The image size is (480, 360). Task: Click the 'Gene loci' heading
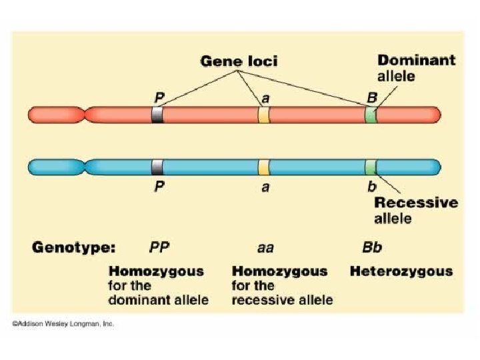click(x=239, y=61)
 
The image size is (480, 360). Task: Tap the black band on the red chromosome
click(x=157, y=115)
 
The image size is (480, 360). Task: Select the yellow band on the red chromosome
click(x=264, y=115)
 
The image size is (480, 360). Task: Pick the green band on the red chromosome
click(x=370, y=115)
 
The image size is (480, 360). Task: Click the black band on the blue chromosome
click(x=157, y=166)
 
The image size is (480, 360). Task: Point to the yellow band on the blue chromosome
click(x=264, y=166)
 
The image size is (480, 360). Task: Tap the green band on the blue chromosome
click(x=370, y=166)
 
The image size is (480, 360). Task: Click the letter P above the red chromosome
click(x=160, y=97)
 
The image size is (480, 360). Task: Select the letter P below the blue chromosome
click(x=159, y=187)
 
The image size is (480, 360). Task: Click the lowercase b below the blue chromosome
click(x=372, y=187)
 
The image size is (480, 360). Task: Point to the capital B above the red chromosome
click(x=372, y=97)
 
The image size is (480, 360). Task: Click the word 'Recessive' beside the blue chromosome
click(x=416, y=203)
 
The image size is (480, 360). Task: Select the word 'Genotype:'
click(x=74, y=248)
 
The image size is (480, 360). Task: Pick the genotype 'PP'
click(x=159, y=248)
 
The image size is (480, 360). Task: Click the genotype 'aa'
click(x=265, y=248)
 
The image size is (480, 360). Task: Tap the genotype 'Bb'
click(x=372, y=248)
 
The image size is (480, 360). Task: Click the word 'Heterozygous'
click(x=401, y=271)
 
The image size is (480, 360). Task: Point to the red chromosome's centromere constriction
click(x=84, y=115)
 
